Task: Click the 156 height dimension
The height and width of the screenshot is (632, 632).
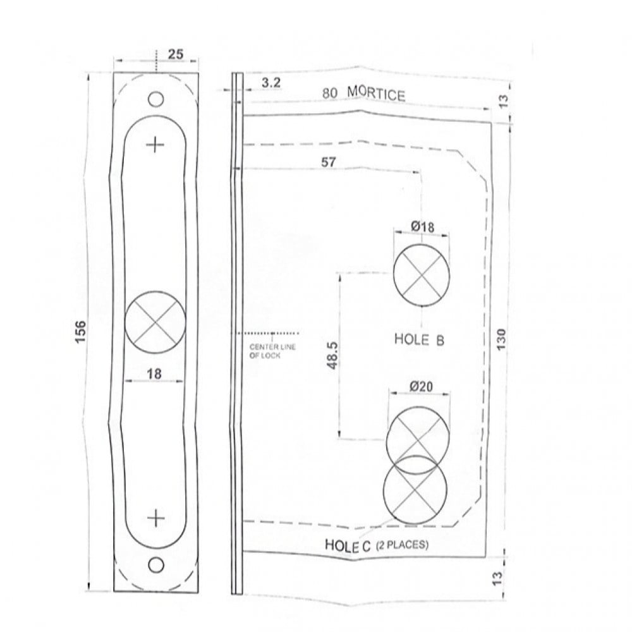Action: click(x=81, y=332)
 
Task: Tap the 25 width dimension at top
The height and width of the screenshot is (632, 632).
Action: click(x=175, y=54)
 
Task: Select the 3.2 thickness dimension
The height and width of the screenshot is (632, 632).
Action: click(x=271, y=83)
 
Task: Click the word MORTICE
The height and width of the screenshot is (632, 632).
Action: click(x=376, y=94)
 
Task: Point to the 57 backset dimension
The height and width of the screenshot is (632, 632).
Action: click(x=329, y=162)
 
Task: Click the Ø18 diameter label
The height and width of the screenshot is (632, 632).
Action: click(x=423, y=227)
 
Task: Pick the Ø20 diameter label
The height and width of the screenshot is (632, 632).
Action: click(x=421, y=387)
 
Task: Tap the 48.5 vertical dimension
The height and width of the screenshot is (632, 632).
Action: click(x=333, y=355)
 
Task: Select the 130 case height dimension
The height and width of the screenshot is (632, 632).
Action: click(x=501, y=339)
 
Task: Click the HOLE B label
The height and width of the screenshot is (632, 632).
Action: click(x=419, y=339)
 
